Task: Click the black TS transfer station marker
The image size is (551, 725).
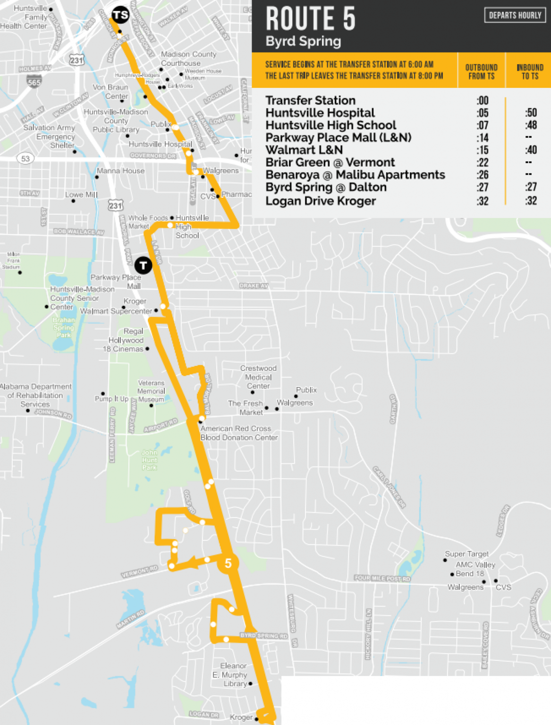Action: coord(120,15)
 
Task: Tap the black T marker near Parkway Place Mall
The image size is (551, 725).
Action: coord(143,265)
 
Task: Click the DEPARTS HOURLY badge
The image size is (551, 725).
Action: coord(515,15)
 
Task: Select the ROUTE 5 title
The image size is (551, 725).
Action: coord(310,19)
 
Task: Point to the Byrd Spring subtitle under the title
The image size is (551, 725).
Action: coord(303,42)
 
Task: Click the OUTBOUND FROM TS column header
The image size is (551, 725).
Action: coord(481,71)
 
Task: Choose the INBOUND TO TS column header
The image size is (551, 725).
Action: coord(530,71)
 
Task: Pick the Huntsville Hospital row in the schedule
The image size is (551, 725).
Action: coord(320,113)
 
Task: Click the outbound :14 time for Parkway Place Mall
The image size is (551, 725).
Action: coord(482,138)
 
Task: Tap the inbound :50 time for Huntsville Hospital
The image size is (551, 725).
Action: coord(531,113)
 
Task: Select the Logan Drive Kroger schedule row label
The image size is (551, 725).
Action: coord(320,201)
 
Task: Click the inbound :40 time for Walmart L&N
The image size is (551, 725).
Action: coord(531,150)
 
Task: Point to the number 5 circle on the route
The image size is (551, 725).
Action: coord(228,563)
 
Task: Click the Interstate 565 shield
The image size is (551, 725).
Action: coord(34,81)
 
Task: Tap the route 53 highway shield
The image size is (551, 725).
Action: coord(25,159)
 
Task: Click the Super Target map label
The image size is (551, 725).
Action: coord(466,554)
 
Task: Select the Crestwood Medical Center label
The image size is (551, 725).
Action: coord(258,377)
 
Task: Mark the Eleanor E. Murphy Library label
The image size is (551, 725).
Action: coord(233,674)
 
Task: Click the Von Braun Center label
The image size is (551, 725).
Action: coord(110,92)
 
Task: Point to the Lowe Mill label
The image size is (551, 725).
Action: coord(81,194)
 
